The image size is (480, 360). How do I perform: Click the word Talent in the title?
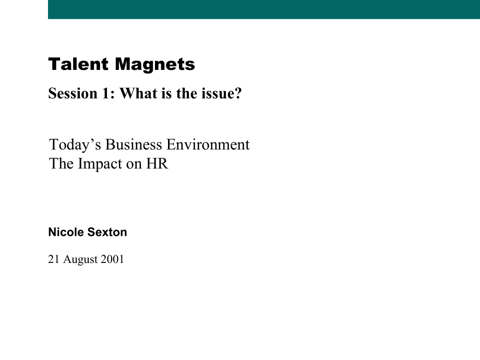click(x=78, y=64)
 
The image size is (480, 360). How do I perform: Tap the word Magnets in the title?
click(x=155, y=65)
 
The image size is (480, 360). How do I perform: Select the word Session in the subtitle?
click(x=73, y=93)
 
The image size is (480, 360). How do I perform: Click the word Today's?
click(x=75, y=145)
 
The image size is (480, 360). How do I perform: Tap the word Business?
click(x=134, y=145)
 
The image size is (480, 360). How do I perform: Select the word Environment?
click(x=208, y=145)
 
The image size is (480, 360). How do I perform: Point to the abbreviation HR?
click(x=157, y=163)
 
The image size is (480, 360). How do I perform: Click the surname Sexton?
click(x=107, y=232)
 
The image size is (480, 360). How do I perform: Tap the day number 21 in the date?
click(x=54, y=259)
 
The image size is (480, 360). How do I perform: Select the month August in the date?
click(x=80, y=260)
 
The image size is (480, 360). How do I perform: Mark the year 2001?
click(x=112, y=259)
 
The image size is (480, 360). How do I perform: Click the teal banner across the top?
click(x=264, y=9)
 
